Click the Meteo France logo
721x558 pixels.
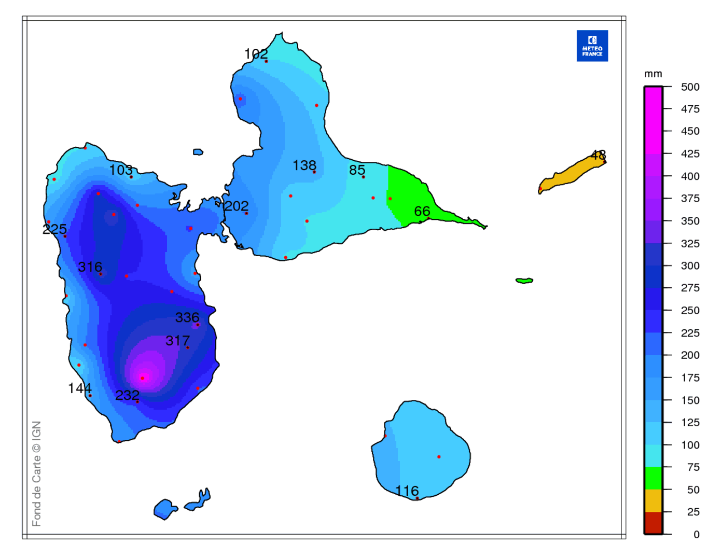click(592, 46)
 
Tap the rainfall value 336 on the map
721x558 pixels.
click(187, 317)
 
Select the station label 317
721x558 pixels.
click(177, 341)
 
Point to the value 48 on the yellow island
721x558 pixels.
click(598, 155)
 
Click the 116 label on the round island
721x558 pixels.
click(407, 491)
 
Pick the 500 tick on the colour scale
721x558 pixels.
click(690, 87)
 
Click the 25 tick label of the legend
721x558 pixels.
click(693, 512)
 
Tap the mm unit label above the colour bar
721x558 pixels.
click(653, 74)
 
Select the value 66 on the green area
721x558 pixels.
click(422, 211)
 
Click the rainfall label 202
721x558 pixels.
click(237, 206)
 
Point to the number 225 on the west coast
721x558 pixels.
click(54, 229)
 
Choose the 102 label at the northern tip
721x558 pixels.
click(256, 53)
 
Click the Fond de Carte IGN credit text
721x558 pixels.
click(36, 473)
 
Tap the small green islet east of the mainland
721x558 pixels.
click(524, 281)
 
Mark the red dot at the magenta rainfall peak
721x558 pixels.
click(142, 378)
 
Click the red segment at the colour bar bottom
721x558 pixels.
click(653, 523)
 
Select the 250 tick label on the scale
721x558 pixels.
click(690, 310)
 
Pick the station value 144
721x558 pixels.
click(79, 388)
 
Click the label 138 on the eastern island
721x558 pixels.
click(304, 165)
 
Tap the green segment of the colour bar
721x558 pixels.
click(653, 478)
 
